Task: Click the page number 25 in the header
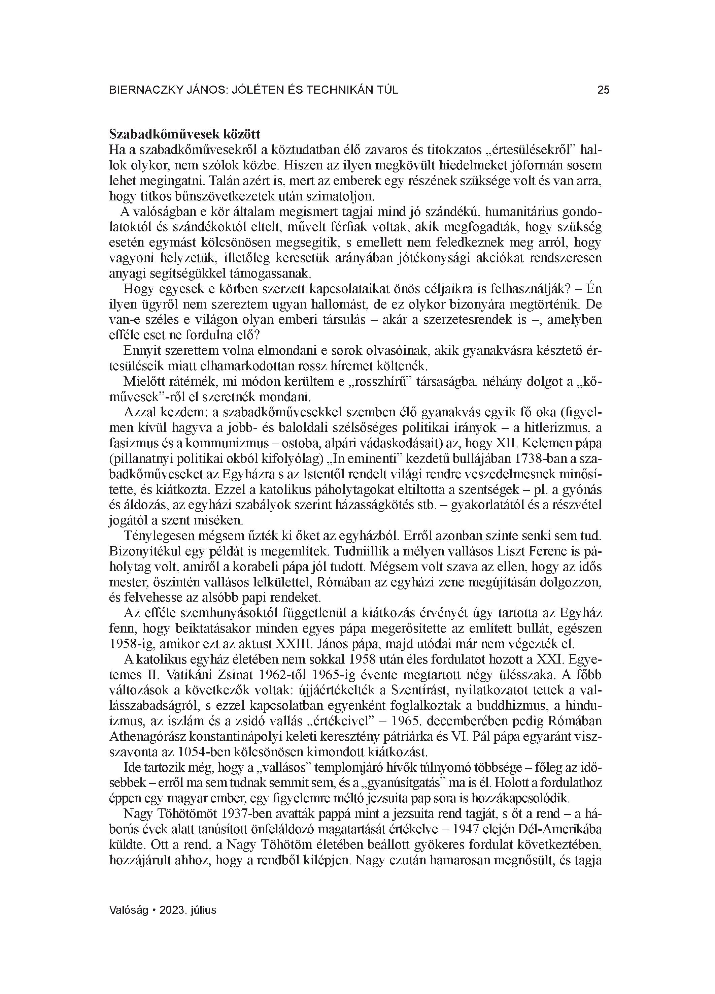point(603,90)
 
